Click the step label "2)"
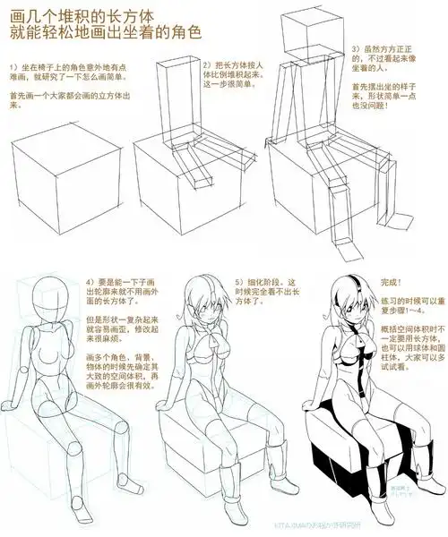tap(207, 65)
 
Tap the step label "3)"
tap(356, 47)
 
